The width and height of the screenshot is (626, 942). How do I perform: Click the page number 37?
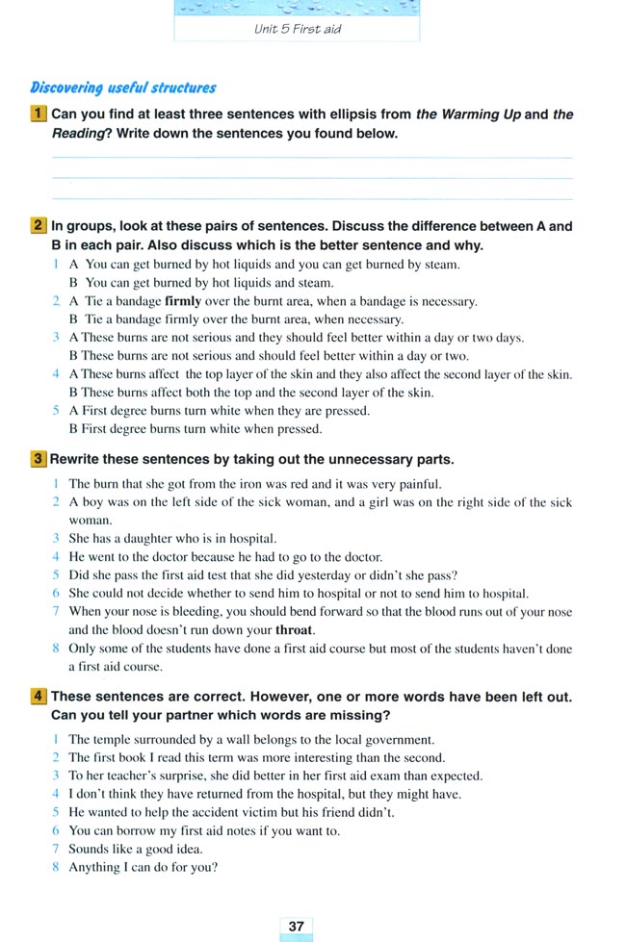(296, 926)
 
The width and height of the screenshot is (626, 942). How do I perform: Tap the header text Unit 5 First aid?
(297, 29)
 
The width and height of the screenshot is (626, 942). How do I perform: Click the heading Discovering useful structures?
(123, 88)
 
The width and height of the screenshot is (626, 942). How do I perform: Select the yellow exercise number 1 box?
(39, 115)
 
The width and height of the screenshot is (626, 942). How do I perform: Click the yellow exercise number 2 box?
(39, 227)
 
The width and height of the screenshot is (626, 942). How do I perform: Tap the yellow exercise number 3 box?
(39, 460)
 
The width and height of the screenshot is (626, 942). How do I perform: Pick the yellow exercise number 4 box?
(39, 697)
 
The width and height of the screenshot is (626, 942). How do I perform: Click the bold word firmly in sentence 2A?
(189, 301)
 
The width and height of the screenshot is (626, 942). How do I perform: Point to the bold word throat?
(295, 631)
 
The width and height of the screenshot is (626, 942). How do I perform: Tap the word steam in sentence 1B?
(316, 283)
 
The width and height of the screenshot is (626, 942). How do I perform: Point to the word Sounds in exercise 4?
(89, 849)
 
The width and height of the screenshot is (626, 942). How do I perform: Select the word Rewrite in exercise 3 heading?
(77, 460)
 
